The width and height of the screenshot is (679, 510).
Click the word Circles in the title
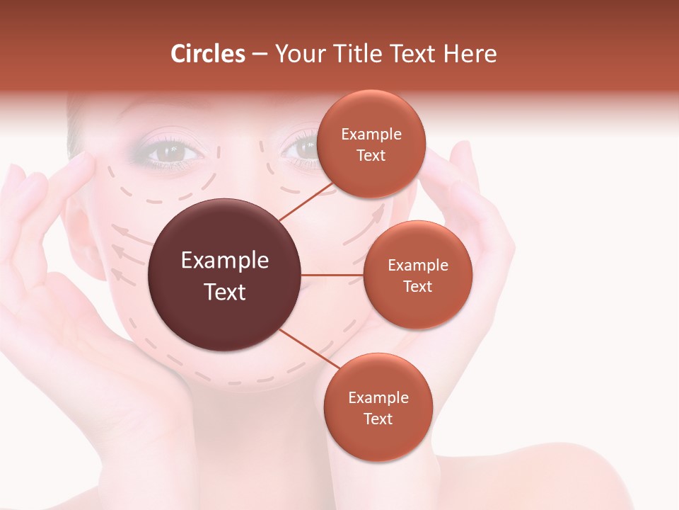click(208, 54)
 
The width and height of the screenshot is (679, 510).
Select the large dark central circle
click(224, 275)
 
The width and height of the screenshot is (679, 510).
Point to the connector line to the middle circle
click(332, 275)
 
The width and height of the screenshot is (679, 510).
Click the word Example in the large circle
click(225, 261)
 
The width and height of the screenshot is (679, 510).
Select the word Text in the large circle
click(225, 291)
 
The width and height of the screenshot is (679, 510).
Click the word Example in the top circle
click(371, 135)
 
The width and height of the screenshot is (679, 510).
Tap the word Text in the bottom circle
click(378, 419)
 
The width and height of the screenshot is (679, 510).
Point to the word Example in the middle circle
click(417, 266)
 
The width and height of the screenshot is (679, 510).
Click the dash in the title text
click(260, 55)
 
